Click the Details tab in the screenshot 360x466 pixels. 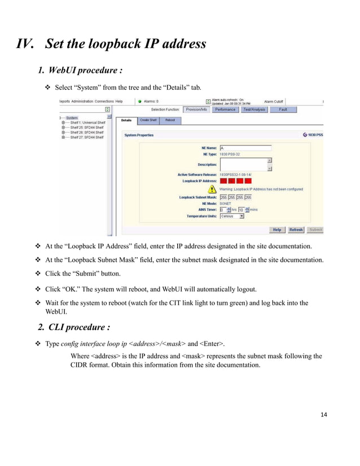click(126, 120)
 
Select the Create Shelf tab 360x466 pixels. click(148, 120)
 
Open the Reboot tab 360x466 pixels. click(170, 120)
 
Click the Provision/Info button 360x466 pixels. click(196, 109)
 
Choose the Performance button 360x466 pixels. click(225, 109)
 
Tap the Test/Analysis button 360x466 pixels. click(254, 109)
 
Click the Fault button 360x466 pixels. click(283, 109)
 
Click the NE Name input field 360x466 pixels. click(245, 148)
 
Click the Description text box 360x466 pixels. click(243, 164)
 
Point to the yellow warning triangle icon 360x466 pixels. click(212, 190)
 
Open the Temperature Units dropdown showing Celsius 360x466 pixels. click(232, 216)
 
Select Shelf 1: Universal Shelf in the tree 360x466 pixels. click(85, 123)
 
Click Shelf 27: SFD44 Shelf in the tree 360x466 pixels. click(85, 137)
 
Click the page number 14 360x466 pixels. click(323, 416)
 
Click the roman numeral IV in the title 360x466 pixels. click(25, 43)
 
